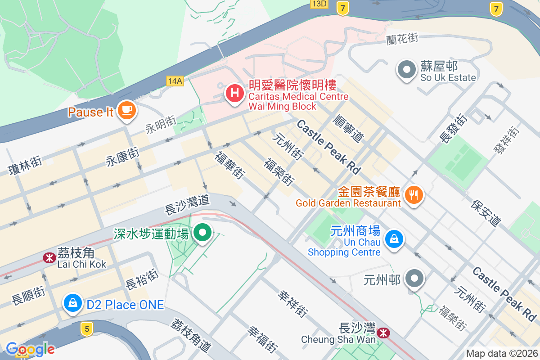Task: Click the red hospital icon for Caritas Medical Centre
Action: click(x=234, y=94)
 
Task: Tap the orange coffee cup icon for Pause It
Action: click(x=126, y=109)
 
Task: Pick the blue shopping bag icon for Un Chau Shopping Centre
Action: click(x=394, y=238)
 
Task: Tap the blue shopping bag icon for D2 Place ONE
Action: click(x=72, y=303)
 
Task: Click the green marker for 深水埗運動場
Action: click(x=202, y=233)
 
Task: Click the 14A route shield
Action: click(x=175, y=81)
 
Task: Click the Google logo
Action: click(x=30, y=349)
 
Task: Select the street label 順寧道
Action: click(x=348, y=128)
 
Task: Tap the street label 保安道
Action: click(x=486, y=213)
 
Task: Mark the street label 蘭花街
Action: click(x=402, y=39)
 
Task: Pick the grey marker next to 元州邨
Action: click(x=414, y=279)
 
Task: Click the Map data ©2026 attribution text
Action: click(x=502, y=353)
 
